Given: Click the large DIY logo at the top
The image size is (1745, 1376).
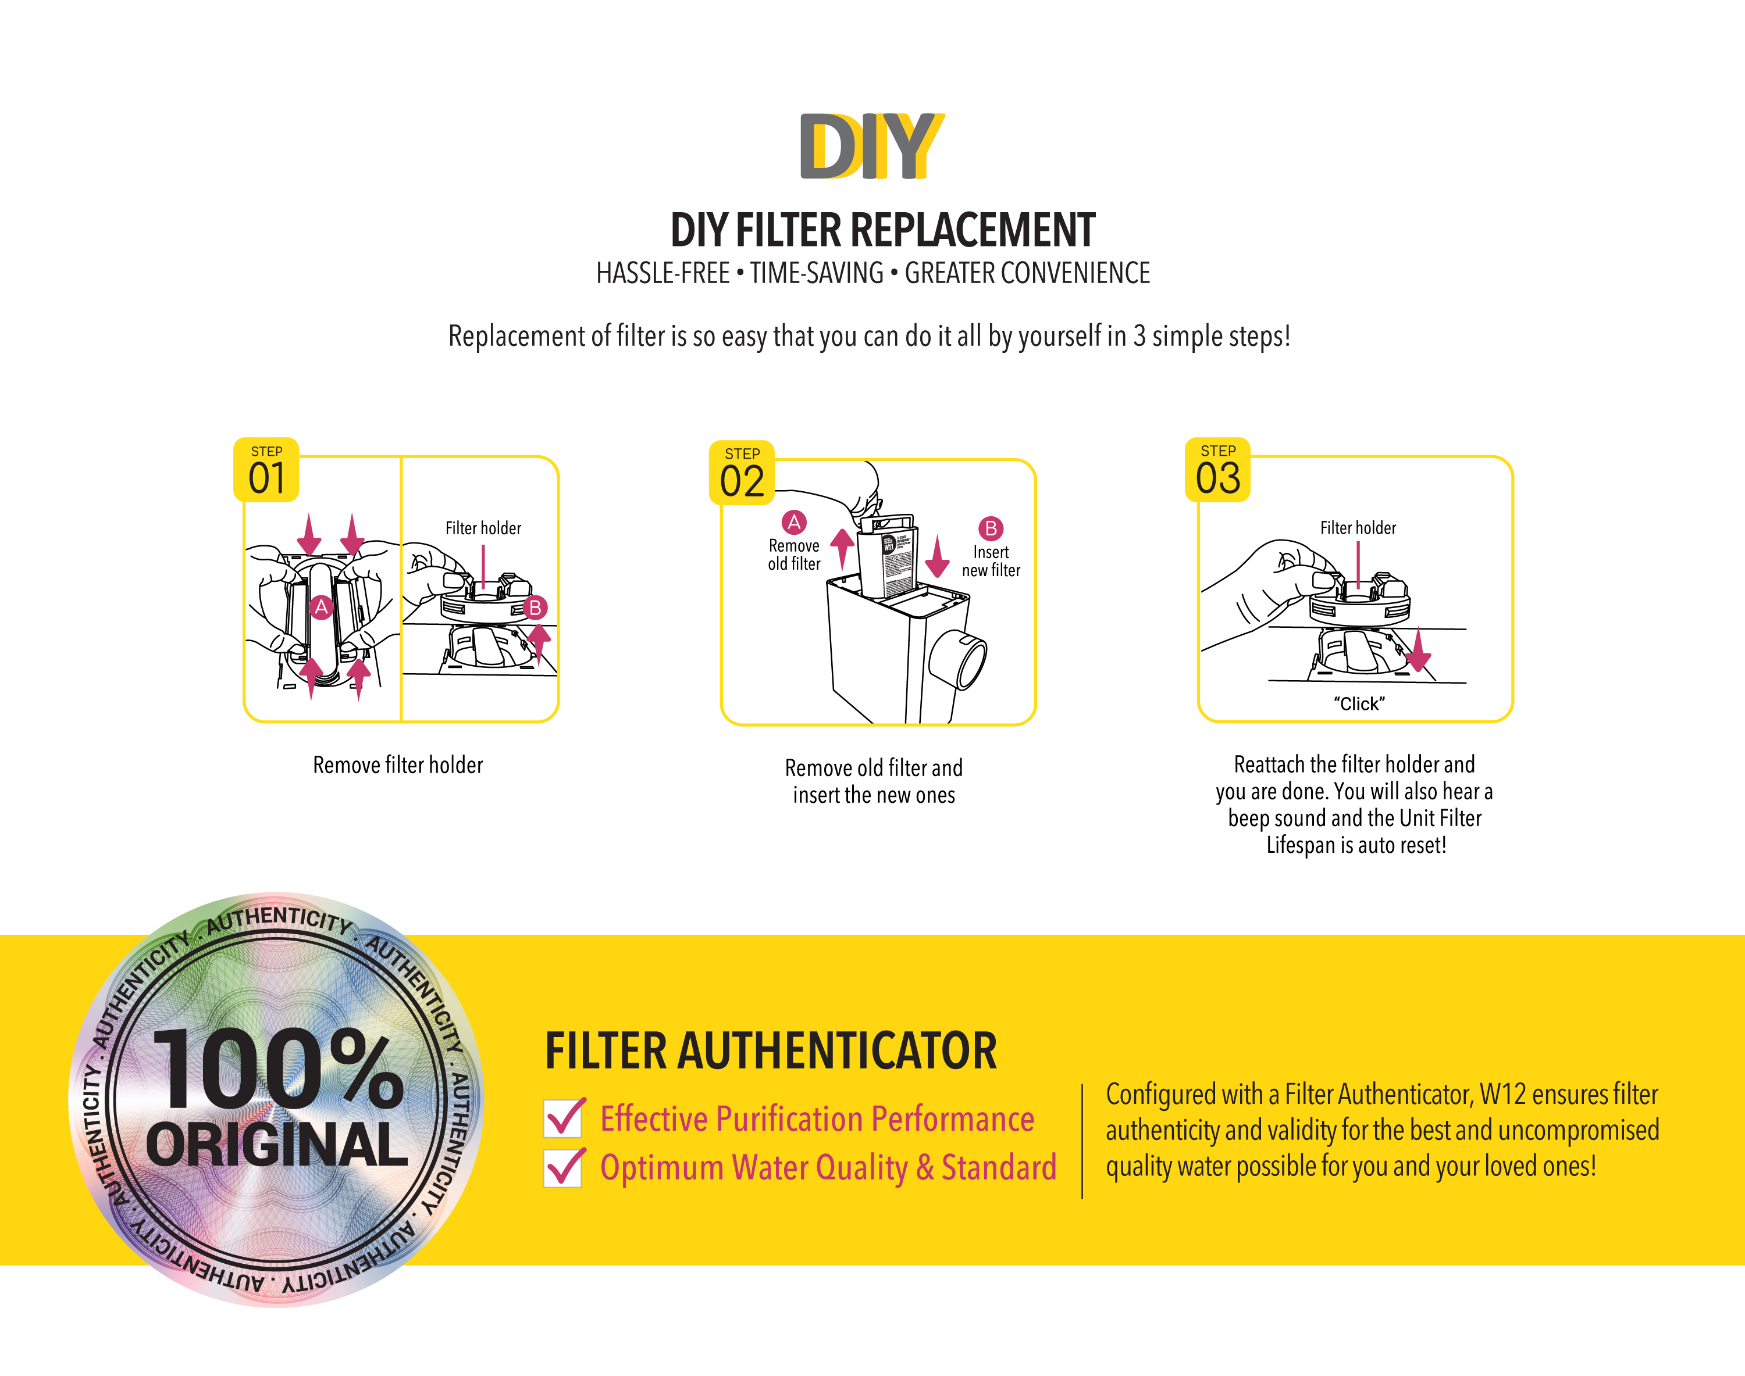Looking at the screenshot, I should pos(871,146).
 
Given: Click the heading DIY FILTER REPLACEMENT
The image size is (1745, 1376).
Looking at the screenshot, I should pos(882,230).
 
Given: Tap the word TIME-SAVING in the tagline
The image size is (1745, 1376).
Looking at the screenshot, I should pos(817,273).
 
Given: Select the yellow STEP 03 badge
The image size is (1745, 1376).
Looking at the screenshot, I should pos(1217,470).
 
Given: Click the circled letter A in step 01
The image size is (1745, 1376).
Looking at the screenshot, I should pos(321,607).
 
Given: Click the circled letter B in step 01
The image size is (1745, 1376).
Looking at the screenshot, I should pos(535,607).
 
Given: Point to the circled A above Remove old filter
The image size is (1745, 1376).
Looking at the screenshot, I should pos(794,522).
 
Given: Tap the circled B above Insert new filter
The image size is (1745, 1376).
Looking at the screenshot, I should pos(991,528).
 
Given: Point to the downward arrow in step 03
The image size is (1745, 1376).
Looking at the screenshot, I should pos(1418,651).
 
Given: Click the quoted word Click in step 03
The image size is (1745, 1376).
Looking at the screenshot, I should pos(1359,703).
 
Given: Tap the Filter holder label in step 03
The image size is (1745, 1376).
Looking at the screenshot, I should pos(1358,528).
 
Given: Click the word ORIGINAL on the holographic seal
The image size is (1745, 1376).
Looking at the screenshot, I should pos(276,1144).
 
